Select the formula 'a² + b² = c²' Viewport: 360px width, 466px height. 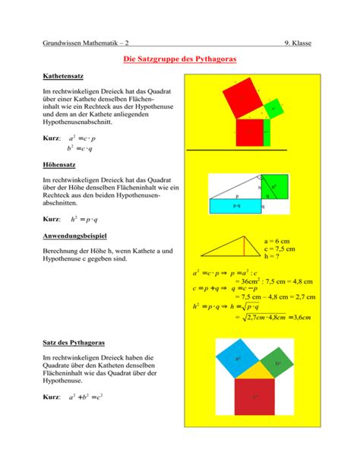click(92, 398)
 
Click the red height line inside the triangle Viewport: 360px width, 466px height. click(245, 253)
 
